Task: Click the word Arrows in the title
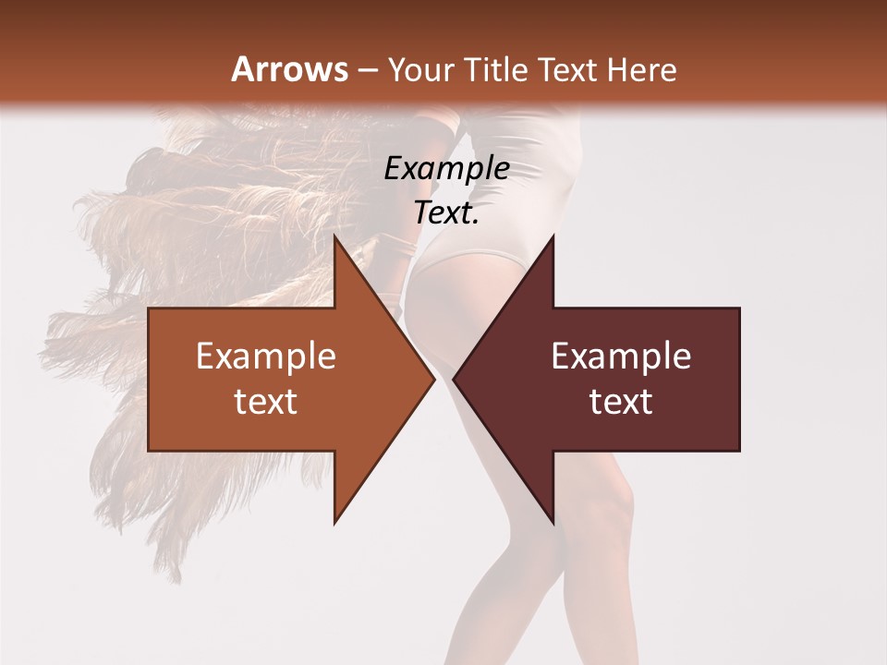click(x=289, y=69)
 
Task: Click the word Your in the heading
click(x=419, y=70)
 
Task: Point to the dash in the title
click(x=367, y=71)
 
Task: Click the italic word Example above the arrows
click(x=446, y=169)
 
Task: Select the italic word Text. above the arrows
click(x=446, y=213)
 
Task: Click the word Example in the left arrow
click(x=266, y=357)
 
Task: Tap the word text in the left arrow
click(x=266, y=402)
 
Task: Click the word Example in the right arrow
click(x=621, y=357)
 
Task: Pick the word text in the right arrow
click(x=621, y=402)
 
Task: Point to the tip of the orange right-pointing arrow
click(x=433, y=379)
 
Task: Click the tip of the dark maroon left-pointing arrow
click(x=454, y=379)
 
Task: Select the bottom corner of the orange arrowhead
click(x=335, y=523)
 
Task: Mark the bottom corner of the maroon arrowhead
click(x=553, y=523)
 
